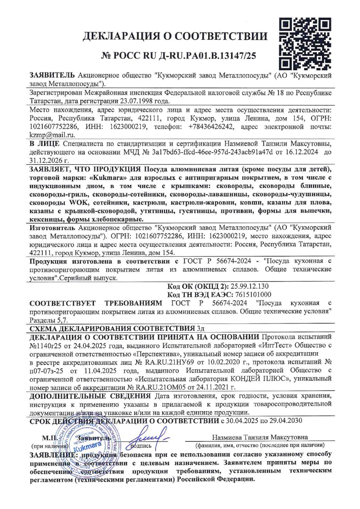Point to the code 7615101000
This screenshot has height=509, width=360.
coord(252,294)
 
